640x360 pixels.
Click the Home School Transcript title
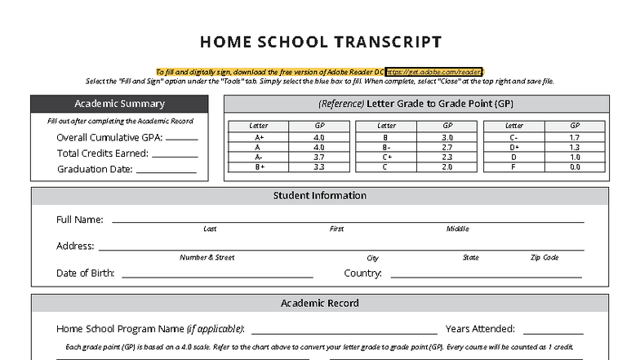point(320,42)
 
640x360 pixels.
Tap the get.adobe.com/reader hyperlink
point(434,72)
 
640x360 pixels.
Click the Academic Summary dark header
point(119,104)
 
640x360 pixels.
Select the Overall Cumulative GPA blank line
point(181,139)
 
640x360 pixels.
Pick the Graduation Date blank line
point(165,171)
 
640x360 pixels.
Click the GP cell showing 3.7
point(318,157)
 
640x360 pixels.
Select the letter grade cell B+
point(259,167)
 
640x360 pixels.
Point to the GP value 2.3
point(447,157)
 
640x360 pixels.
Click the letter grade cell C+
point(387,157)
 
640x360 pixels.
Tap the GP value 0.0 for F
point(575,167)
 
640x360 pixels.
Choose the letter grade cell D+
point(514,147)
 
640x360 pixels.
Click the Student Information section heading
point(319,196)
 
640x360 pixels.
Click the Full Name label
point(79,220)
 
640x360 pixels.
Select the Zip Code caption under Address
point(544,258)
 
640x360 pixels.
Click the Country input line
point(486,276)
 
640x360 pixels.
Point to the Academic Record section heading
point(319,303)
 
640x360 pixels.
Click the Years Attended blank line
point(553,331)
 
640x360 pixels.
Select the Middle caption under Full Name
point(457,229)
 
